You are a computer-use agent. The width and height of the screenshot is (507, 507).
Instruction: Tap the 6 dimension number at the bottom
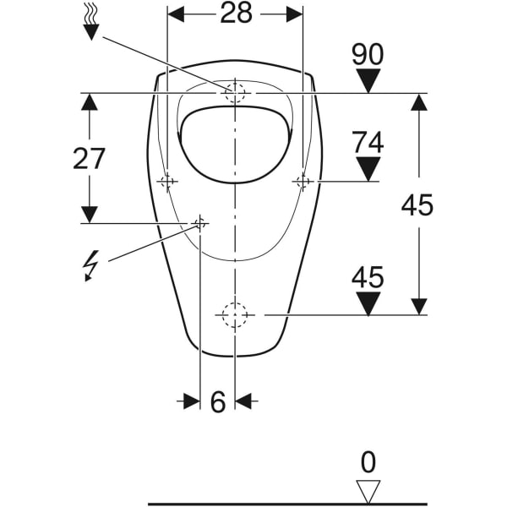217,403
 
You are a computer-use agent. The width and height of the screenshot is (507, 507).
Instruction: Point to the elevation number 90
368,55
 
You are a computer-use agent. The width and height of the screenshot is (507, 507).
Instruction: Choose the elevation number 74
368,142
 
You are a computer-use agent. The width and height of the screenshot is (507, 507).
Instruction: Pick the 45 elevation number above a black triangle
368,276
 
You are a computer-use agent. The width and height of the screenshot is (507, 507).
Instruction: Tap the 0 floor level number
368,462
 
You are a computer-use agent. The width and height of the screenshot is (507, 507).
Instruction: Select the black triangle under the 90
368,82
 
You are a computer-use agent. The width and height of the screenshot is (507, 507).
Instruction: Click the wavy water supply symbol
90,19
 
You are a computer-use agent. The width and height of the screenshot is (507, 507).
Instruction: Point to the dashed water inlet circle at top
234,92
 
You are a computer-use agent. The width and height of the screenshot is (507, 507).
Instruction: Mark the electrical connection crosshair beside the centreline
200,223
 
